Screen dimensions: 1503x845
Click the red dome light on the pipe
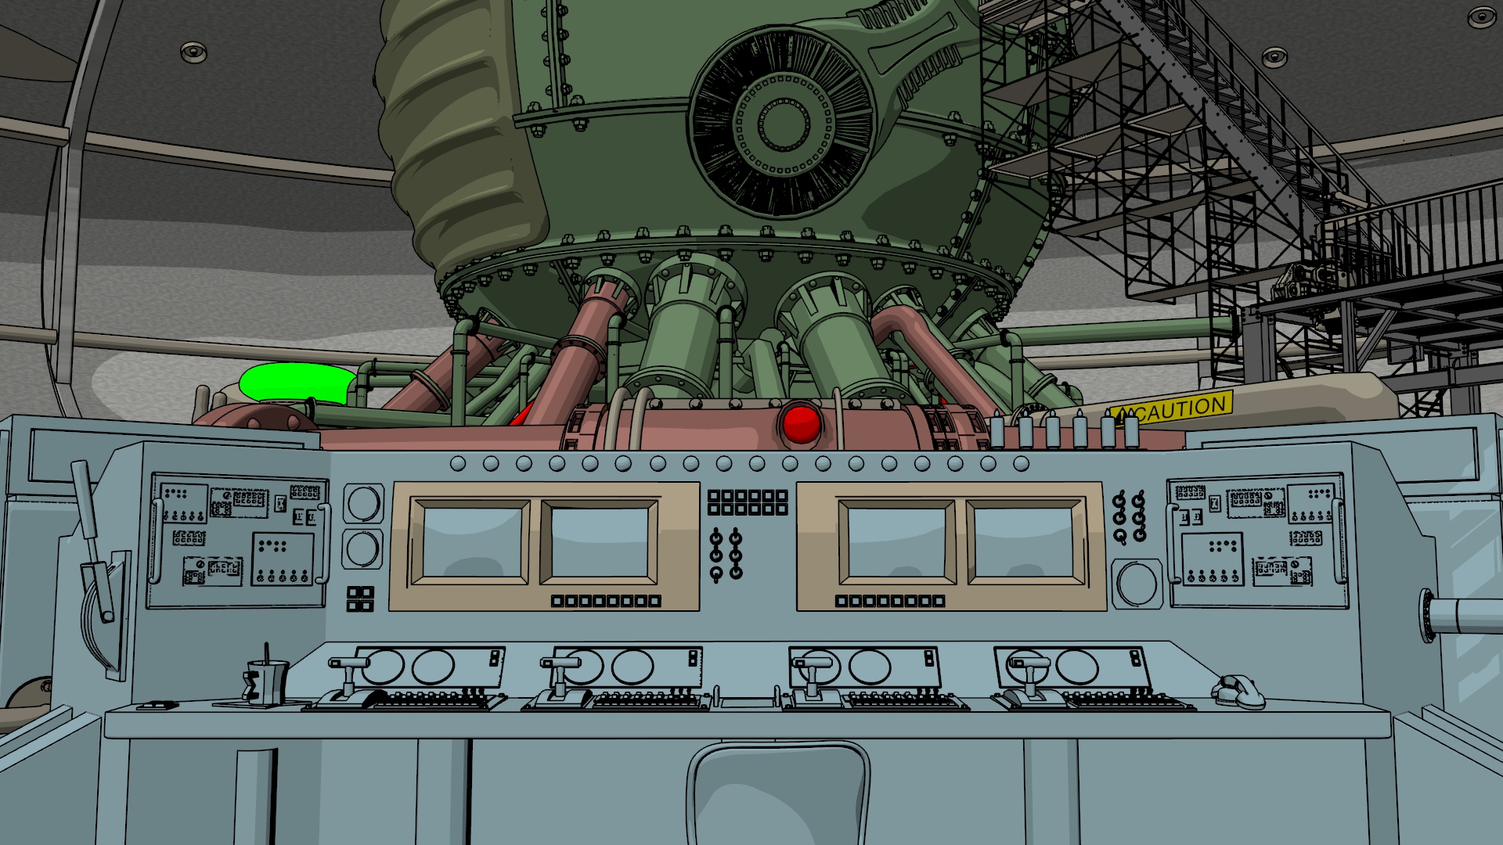click(x=801, y=423)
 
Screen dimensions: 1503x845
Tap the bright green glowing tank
click(x=297, y=383)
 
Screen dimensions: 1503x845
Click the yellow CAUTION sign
click(x=1172, y=409)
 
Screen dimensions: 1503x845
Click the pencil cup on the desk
click(x=267, y=681)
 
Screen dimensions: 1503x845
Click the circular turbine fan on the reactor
click(x=782, y=122)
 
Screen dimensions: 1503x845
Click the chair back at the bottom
click(x=780, y=793)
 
